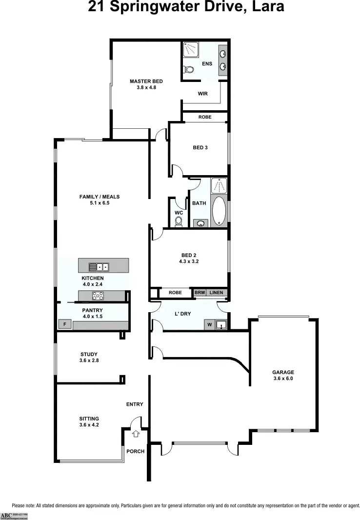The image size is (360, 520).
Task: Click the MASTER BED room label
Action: point(146,81)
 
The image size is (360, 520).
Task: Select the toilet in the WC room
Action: point(179,221)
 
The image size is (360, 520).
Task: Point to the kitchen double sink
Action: point(99,266)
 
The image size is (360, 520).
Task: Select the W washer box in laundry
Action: point(209,324)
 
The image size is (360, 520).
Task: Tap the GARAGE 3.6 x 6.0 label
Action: point(283,375)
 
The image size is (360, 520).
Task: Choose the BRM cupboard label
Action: point(200,293)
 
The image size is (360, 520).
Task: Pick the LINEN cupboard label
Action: point(216,293)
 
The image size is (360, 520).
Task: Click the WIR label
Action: point(203,94)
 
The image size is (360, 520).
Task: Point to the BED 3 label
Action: point(200,147)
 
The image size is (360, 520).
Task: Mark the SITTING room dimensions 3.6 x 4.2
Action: point(89,425)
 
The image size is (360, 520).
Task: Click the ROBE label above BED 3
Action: point(205,117)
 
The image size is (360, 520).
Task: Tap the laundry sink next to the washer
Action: point(221,324)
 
